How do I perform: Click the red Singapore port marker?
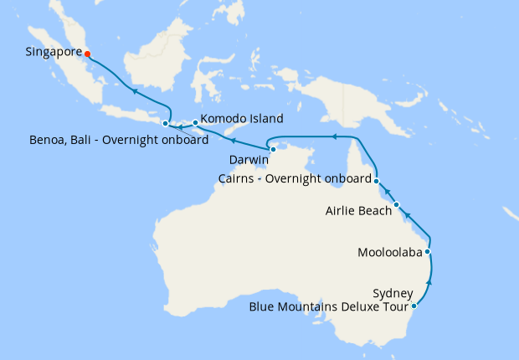(87, 54)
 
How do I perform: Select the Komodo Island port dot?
(195, 123)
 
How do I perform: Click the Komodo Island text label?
(241, 119)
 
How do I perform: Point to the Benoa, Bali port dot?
(165, 124)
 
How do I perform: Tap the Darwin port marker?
(273, 149)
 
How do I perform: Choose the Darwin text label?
(249, 159)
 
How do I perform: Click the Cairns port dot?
(377, 181)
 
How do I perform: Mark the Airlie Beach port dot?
(396, 204)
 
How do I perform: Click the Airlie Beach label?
(358, 211)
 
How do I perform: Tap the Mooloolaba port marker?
(428, 251)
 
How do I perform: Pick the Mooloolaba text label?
(389, 252)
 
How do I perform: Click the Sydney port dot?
(414, 306)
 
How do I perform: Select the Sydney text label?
(393, 293)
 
